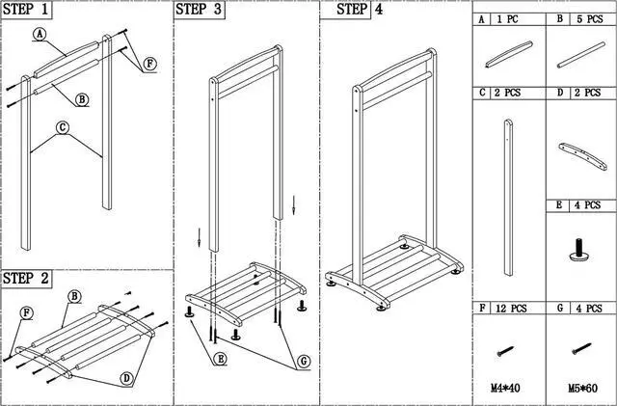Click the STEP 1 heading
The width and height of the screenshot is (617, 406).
[x=28, y=12]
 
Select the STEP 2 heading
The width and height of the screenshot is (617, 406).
[x=28, y=279]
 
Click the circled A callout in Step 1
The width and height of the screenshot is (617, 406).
[x=40, y=33]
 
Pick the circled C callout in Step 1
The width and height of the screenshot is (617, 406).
[x=63, y=126]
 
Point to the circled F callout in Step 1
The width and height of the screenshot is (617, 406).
[x=150, y=64]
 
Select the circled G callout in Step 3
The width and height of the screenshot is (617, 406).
[x=303, y=361]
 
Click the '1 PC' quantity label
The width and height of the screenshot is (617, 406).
[x=508, y=18]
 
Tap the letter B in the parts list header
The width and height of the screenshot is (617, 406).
[x=559, y=18]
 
